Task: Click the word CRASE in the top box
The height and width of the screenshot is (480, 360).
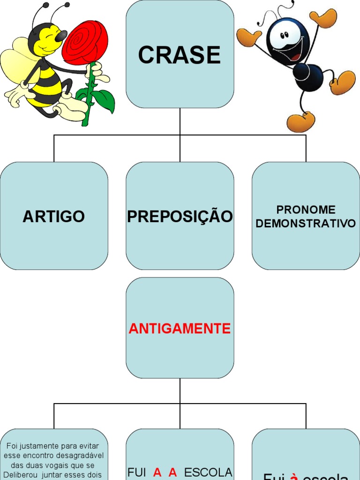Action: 180,55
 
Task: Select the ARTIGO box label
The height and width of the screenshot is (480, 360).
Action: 53,217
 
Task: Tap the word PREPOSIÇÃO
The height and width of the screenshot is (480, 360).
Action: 180,217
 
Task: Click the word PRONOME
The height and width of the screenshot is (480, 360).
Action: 306,210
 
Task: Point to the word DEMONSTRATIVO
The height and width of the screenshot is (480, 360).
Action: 306,224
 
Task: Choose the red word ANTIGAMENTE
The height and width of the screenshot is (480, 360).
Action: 180,329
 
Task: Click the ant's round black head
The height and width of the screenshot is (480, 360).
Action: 287,40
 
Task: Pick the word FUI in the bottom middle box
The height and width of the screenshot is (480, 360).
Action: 137,472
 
